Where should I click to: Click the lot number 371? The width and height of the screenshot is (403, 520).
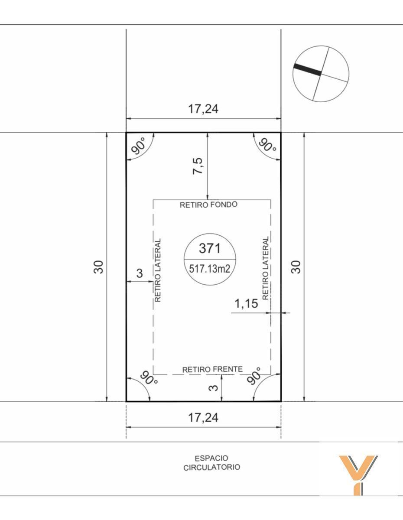(x=210, y=248)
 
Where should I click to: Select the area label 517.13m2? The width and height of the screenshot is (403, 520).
(x=210, y=269)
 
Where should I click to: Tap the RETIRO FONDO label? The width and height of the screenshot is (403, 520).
(x=208, y=205)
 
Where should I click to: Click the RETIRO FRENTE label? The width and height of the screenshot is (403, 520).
(x=212, y=369)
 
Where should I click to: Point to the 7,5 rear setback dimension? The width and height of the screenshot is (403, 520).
(x=198, y=166)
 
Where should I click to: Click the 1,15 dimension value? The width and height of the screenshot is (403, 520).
(x=246, y=304)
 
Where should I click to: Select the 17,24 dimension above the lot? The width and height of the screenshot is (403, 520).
(x=203, y=109)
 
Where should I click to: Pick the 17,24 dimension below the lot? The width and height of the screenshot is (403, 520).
(x=203, y=418)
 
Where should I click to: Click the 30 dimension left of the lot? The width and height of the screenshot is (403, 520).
(x=98, y=267)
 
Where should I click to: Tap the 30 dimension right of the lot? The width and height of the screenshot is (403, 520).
(x=296, y=267)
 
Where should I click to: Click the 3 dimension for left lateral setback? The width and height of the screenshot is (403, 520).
(x=140, y=273)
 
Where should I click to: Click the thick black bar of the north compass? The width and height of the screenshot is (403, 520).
(x=307, y=70)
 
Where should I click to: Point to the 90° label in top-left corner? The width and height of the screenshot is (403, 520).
(x=139, y=146)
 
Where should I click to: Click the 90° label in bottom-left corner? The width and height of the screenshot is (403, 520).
(x=148, y=377)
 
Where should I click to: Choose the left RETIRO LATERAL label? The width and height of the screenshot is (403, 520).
(x=158, y=270)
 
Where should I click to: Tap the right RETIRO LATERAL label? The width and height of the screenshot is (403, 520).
(x=265, y=268)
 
